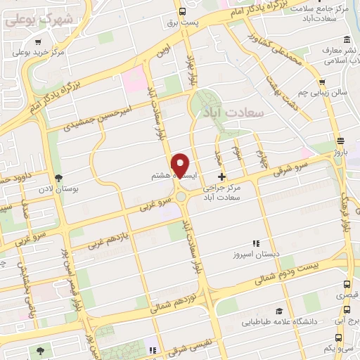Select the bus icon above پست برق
[183, 11]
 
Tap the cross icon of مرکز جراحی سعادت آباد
[222, 176]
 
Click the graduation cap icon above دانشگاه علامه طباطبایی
[279, 311]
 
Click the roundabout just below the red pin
[183, 196]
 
